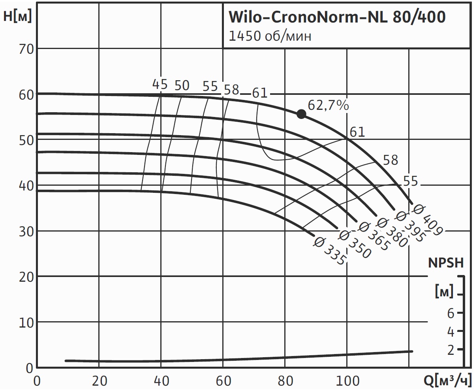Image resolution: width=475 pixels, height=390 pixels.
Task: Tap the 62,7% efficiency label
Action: [x=328, y=106]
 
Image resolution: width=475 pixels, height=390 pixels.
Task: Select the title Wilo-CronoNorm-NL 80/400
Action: [x=337, y=17]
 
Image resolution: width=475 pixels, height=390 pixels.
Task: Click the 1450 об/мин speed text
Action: [x=270, y=36]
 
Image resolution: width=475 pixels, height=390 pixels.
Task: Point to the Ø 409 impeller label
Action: [x=427, y=219]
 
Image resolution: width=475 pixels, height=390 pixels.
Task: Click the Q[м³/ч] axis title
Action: [x=448, y=381]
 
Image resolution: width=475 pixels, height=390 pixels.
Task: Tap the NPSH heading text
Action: [x=446, y=263]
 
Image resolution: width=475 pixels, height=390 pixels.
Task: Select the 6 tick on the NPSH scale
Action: [x=451, y=313]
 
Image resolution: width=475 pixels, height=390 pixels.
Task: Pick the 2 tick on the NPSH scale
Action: [x=451, y=350]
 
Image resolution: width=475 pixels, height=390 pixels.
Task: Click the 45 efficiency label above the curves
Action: [x=160, y=84]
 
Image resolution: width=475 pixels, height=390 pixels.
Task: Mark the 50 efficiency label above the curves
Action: [x=182, y=85]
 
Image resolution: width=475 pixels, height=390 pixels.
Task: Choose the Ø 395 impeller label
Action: [x=411, y=227]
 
